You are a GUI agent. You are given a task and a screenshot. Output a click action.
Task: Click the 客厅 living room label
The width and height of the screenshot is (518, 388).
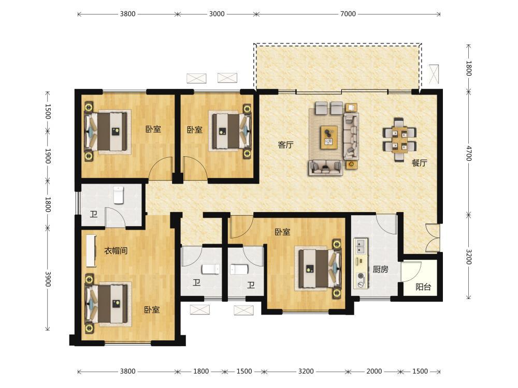click(286, 145)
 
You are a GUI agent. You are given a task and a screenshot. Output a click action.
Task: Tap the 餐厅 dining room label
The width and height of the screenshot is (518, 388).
click(419, 162)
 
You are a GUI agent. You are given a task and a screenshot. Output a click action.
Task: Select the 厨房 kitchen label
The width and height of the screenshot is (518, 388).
click(380, 269)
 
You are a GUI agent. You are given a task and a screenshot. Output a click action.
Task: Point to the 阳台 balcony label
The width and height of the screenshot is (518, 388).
click(423, 287)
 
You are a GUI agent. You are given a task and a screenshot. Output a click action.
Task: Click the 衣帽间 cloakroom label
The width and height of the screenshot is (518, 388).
click(116, 251)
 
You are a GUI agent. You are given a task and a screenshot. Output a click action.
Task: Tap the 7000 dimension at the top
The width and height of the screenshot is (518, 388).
click(348, 14)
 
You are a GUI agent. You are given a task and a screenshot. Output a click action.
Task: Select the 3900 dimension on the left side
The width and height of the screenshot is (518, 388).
click(48, 279)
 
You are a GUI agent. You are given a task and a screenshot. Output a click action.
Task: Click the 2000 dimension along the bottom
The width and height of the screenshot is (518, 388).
click(374, 371)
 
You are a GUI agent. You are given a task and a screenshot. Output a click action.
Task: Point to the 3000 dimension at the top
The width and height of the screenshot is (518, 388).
click(217, 14)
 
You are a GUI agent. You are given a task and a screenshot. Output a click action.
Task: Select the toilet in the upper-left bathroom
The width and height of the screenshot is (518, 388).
click(119, 195)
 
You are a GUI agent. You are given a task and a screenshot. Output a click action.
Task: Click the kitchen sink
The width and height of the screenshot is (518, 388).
click(361, 246)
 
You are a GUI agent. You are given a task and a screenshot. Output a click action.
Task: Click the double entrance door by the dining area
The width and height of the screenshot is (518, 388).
click(433, 238)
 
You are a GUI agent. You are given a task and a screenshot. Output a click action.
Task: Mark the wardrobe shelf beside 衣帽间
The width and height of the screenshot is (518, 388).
click(91, 251)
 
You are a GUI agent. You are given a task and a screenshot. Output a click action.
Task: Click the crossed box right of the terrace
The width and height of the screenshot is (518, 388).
click(434, 74)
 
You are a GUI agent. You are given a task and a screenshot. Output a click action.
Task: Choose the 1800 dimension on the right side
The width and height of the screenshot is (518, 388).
click(469, 68)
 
